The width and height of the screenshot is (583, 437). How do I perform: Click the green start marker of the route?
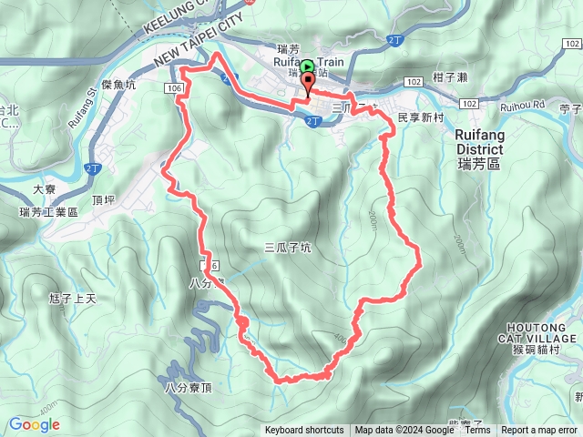click(x=308, y=66)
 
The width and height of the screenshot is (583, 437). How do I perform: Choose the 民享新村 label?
click(x=421, y=118)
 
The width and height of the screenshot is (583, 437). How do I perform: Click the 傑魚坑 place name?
click(x=119, y=85)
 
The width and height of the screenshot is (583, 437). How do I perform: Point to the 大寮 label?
click(x=45, y=189)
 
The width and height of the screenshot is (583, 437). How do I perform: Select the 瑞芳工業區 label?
click(x=49, y=212)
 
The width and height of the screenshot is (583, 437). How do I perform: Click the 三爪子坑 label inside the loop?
click(x=288, y=246)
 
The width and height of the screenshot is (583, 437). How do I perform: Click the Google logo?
click(x=35, y=424)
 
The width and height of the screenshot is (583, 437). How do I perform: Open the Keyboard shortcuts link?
click(x=304, y=431)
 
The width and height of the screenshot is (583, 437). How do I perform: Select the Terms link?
click(x=477, y=431)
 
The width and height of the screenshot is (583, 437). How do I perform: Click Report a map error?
click(x=540, y=431)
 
